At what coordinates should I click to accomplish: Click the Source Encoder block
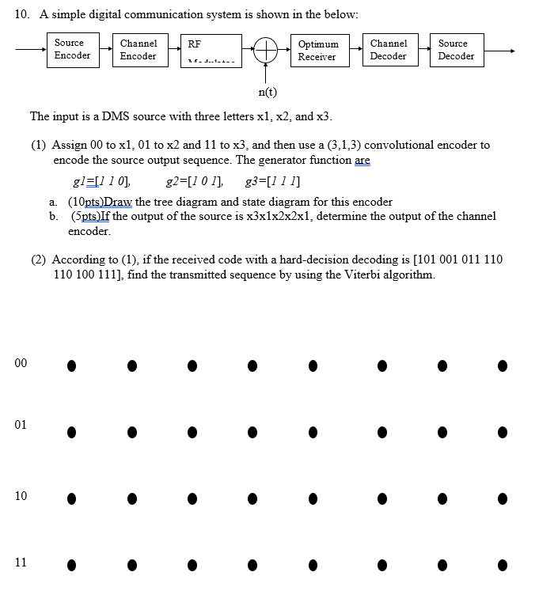pyautogui.click(x=72, y=49)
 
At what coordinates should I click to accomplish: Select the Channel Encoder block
pyautogui.click(x=139, y=49)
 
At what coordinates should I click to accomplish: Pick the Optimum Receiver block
pyautogui.click(x=318, y=50)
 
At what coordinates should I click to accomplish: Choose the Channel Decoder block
pyautogui.click(x=388, y=49)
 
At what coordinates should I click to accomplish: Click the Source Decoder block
pyautogui.click(x=456, y=49)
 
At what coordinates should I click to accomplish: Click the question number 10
pyautogui.click(x=21, y=13)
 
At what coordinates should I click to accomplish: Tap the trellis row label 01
pyautogui.click(x=21, y=425)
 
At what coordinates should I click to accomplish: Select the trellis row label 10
pyautogui.click(x=21, y=496)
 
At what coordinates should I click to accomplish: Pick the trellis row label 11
pyautogui.click(x=21, y=563)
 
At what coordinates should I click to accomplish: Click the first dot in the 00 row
pyautogui.click(x=71, y=366)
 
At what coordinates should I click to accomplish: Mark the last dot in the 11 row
pyautogui.click(x=502, y=566)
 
